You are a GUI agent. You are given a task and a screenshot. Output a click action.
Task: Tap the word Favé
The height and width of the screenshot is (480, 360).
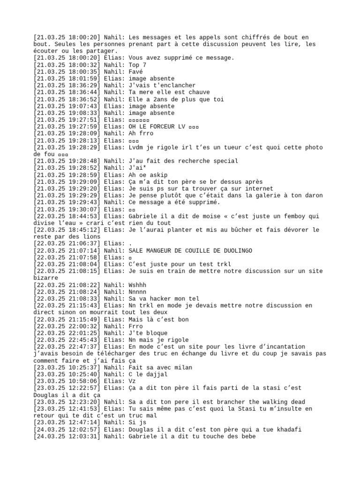(135, 72)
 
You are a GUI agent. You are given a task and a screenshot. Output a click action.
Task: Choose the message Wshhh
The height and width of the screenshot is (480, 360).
(137, 285)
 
